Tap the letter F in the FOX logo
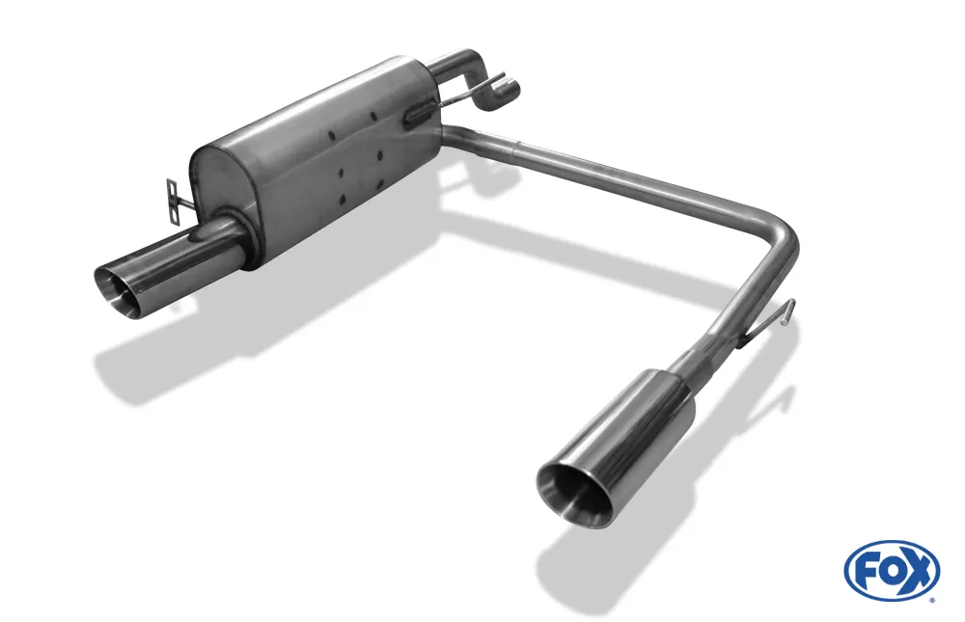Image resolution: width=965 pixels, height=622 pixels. coord(867,570)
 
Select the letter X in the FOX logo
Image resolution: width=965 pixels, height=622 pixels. coord(918,570)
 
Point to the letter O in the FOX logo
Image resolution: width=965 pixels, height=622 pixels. coord(891,570)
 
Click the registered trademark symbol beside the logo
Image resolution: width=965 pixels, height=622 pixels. coord(931,599)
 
